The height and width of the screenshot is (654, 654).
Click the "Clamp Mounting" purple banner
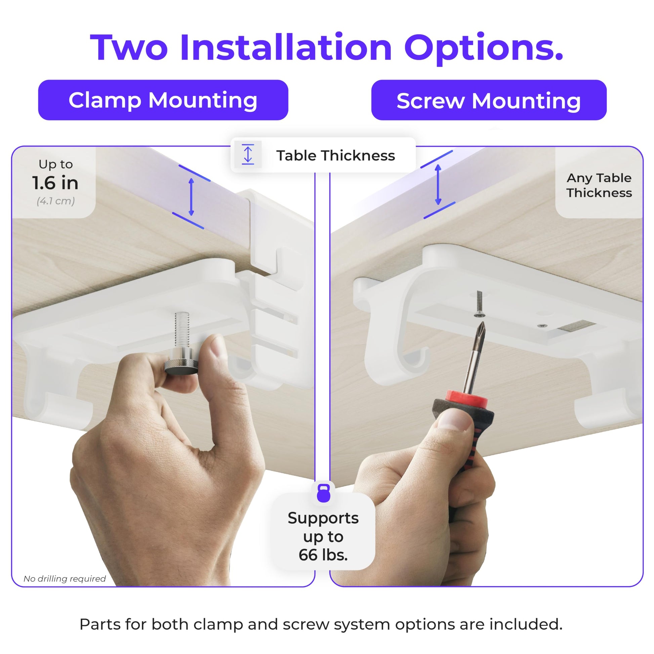pos(163,100)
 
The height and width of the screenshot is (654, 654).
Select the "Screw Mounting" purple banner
pos(489,100)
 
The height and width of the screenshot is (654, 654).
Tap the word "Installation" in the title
pos(286,48)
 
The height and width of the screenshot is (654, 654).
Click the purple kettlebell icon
pos(323,493)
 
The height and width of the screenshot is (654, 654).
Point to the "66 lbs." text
pos(323,555)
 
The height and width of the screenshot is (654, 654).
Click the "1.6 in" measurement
pos(55,183)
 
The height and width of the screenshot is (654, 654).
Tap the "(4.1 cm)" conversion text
pos(56,201)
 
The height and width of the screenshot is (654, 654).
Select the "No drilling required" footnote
pos(65,578)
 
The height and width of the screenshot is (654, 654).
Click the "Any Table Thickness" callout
pos(599,185)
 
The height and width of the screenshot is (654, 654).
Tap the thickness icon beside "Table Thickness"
pos(248,155)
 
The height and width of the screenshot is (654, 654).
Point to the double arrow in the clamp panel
pos(191,197)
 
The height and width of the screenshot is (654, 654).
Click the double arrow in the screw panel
pos(438,184)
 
